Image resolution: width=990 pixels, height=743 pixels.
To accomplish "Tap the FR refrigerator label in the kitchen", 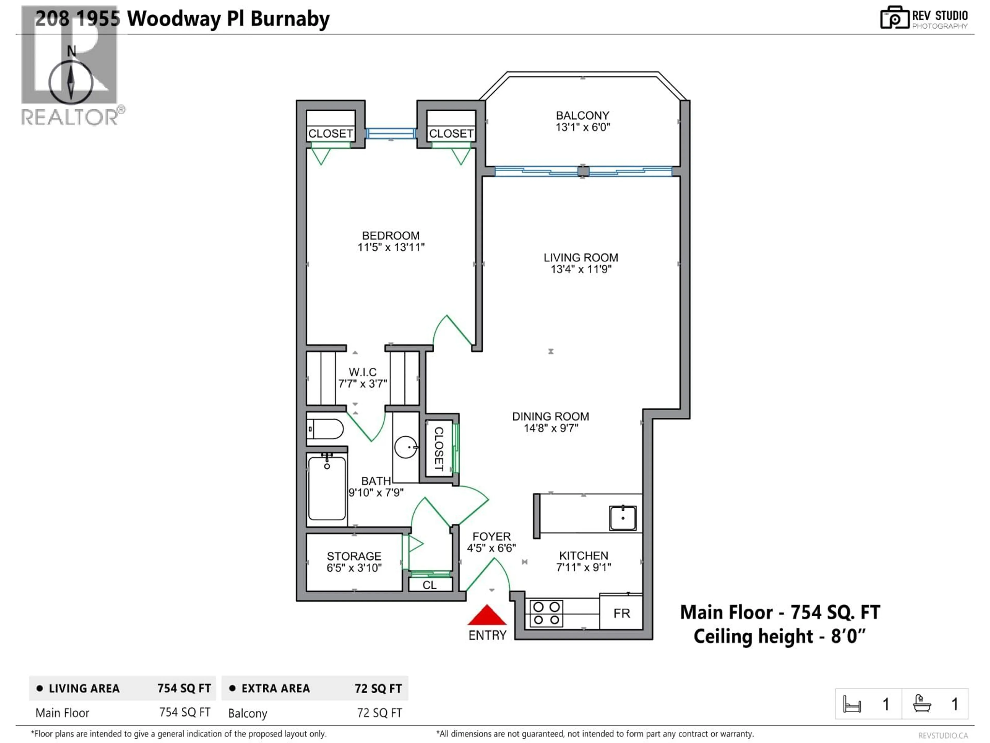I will (622, 613).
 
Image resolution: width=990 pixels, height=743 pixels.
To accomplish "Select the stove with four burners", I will (547, 613).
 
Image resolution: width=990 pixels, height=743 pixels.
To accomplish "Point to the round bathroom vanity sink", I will (406, 447).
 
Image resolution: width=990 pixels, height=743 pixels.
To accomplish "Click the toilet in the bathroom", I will (325, 429).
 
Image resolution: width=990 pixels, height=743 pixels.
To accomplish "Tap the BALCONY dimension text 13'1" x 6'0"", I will (582, 127).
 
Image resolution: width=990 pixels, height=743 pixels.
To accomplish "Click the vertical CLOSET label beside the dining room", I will (439, 449).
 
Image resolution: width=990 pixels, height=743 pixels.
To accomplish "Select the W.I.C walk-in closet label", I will (362, 372).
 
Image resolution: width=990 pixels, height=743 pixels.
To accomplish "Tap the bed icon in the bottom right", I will (852, 705).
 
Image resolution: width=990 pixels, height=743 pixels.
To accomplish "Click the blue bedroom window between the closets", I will (391, 133).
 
